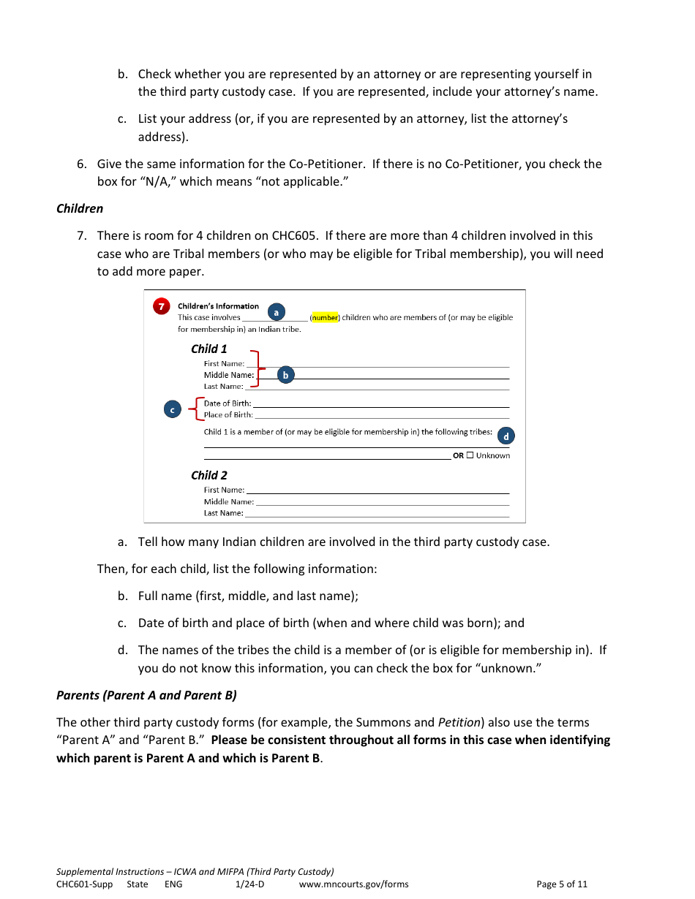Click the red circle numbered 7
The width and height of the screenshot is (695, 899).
pyautogui.click(x=161, y=307)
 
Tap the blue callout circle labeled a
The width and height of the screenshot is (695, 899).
pyautogui.click(x=276, y=312)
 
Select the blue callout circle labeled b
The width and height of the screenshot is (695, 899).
pyautogui.click(x=285, y=375)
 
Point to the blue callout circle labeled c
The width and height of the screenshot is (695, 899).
pyautogui.click(x=173, y=410)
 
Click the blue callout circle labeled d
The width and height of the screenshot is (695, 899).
pyautogui.click(x=506, y=436)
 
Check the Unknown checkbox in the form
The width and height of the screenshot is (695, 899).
pyautogui.click(x=470, y=455)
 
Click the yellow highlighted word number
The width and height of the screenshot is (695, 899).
pyautogui.click(x=325, y=318)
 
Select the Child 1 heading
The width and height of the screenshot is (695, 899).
pyautogui.click(x=209, y=349)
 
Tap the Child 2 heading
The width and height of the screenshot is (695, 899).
pyautogui.click(x=209, y=475)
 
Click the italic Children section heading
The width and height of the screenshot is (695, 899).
pyautogui.click(x=80, y=208)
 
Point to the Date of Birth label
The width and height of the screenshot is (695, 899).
pyautogui.click(x=227, y=403)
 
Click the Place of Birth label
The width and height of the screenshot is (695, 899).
pyautogui.click(x=228, y=415)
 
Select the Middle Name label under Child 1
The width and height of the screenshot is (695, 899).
pyautogui.click(x=228, y=375)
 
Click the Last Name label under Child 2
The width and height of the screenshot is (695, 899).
pyautogui.click(x=223, y=513)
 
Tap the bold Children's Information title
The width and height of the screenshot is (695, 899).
pyautogui.click(x=218, y=306)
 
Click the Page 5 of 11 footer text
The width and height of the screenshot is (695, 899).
pyautogui.click(x=562, y=884)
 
